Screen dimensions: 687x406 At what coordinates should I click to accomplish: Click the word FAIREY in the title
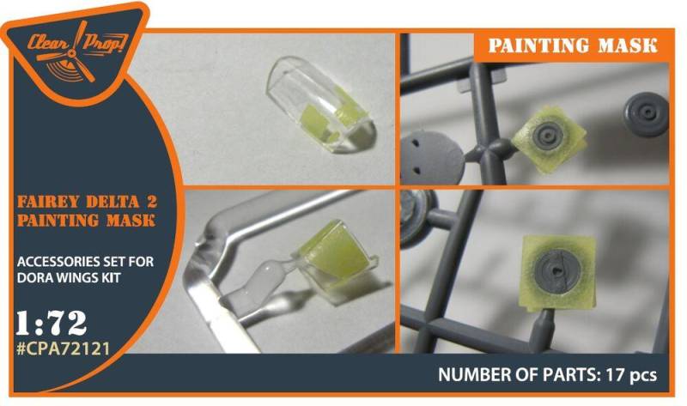48,203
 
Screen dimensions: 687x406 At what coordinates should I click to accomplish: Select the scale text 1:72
52,324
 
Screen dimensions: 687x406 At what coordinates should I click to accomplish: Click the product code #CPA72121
63,348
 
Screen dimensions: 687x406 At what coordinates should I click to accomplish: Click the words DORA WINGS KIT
69,277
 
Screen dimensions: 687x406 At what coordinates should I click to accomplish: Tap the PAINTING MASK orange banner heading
573,45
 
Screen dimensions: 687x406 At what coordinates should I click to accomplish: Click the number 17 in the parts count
613,375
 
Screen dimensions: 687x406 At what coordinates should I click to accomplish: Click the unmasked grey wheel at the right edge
647,114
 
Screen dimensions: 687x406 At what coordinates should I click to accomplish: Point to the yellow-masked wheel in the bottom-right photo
560,270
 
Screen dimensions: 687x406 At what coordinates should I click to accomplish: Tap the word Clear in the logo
48,43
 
